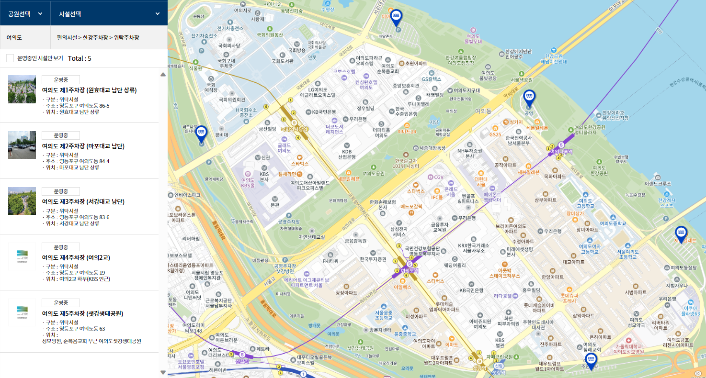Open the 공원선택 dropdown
point(25,13)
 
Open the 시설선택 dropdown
point(109,13)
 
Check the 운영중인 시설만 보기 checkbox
point(10,58)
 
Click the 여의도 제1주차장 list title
point(90,90)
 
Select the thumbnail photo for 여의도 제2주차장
point(22,145)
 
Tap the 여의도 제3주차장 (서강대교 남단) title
point(83,201)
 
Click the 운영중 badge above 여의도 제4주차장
point(61,247)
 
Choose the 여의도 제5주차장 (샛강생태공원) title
point(82,313)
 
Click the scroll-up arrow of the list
point(163,74)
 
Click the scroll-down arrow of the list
point(163,372)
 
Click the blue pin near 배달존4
point(396,17)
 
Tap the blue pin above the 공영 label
point(529,98)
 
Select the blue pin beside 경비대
point(201,133)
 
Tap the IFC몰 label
point(437,197)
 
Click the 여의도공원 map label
point(374,173)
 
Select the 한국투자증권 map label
point(373,259)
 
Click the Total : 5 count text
point(80,58)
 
